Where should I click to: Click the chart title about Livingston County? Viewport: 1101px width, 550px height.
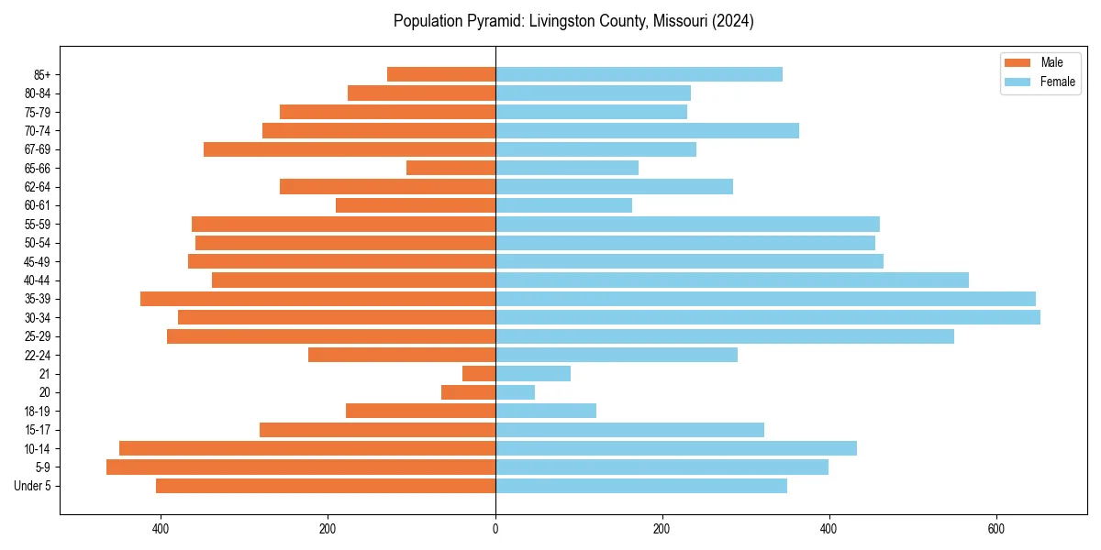click(573, 21)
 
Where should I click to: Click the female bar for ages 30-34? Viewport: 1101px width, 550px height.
click(767, 317)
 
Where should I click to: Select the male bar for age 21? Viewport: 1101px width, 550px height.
click(479, 373)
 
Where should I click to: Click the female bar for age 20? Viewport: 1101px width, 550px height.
click(515, 392)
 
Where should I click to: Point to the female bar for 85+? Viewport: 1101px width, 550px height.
click(639, 74)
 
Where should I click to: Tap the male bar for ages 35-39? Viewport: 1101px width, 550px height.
click(317, 299)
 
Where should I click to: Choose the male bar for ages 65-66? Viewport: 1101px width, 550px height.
click(450, 168)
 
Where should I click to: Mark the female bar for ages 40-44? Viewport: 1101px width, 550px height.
click(731, 280)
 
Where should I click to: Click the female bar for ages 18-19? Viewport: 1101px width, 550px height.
click(545, 411)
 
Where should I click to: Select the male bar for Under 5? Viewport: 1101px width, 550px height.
click(326, 486)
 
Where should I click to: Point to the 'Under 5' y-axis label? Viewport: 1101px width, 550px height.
click(32, 486)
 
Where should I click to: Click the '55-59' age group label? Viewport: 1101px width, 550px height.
click(38, 224)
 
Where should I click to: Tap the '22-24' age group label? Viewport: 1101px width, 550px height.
click(38, 355)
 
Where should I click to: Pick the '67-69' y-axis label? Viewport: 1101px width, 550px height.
click(38, 149)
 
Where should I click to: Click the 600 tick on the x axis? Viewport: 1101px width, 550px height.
click(995, 529)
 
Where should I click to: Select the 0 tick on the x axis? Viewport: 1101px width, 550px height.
click(495, 529)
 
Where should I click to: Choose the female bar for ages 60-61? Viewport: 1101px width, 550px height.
click(563, 205)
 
